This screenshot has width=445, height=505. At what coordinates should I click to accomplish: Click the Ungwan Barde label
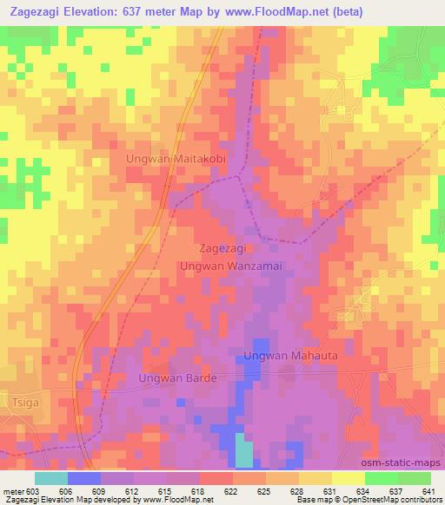pyautogui.click(x=176, y=378)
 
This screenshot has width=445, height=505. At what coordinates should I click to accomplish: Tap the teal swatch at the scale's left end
pyautogui.click(x=51, y=477)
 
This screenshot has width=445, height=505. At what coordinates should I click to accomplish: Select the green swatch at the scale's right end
pyautogui.click(x=415, y=477)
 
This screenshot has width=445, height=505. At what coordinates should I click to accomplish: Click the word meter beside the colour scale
pyautogui.click(x=13, y=489)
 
